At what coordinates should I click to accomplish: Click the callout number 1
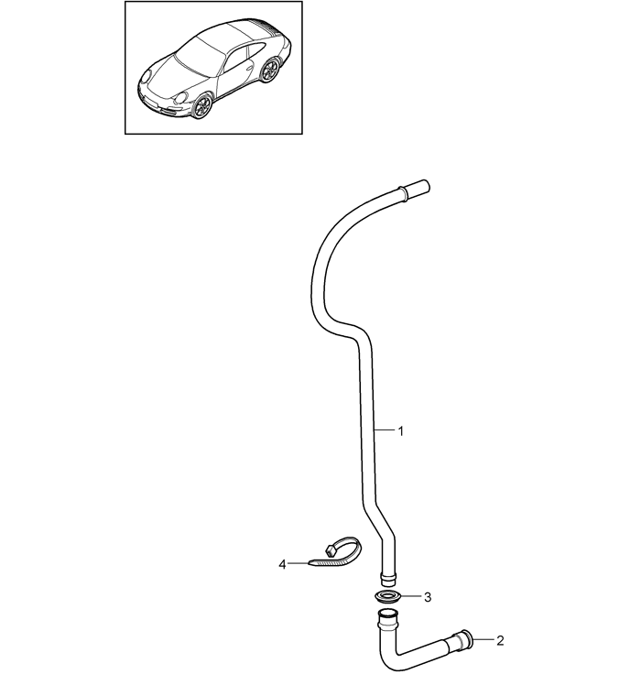pyautogui.click(x=401, y=431)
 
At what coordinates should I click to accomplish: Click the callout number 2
pyautogui.click(x=500, y=640)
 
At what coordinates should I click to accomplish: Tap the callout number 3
pyautogui.click(x=428, y=597)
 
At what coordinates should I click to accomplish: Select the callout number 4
pyautogui.click(x=282, y=565)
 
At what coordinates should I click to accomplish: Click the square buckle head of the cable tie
pyautogui.click(x=331, y=549)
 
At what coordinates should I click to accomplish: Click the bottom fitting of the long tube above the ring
pyautogui.click(x=387, y=580)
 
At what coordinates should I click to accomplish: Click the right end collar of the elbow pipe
pyautogui.click(x=464, y=639)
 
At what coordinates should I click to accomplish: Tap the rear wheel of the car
pyautogui.click(x=269, y=70)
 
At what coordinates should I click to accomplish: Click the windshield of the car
pyautogui.click(x=198, y=54)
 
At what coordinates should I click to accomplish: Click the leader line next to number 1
pyautogui.click(x=385, y=430)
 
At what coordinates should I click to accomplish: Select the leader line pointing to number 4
pyautogui.click(x=299, y=564)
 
